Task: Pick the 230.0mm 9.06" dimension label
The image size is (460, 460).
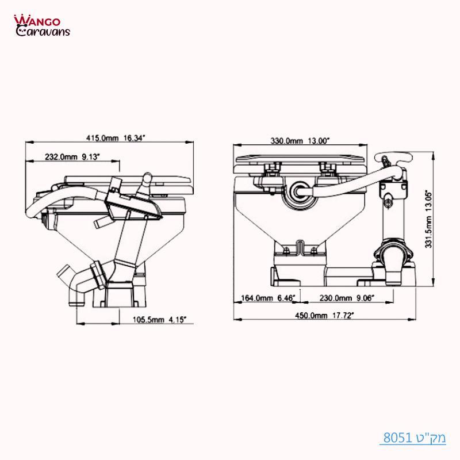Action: pyautogui.click(x=347, y=298)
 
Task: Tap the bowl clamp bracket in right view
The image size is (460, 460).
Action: pyautogui.click(x=300, y=248)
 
